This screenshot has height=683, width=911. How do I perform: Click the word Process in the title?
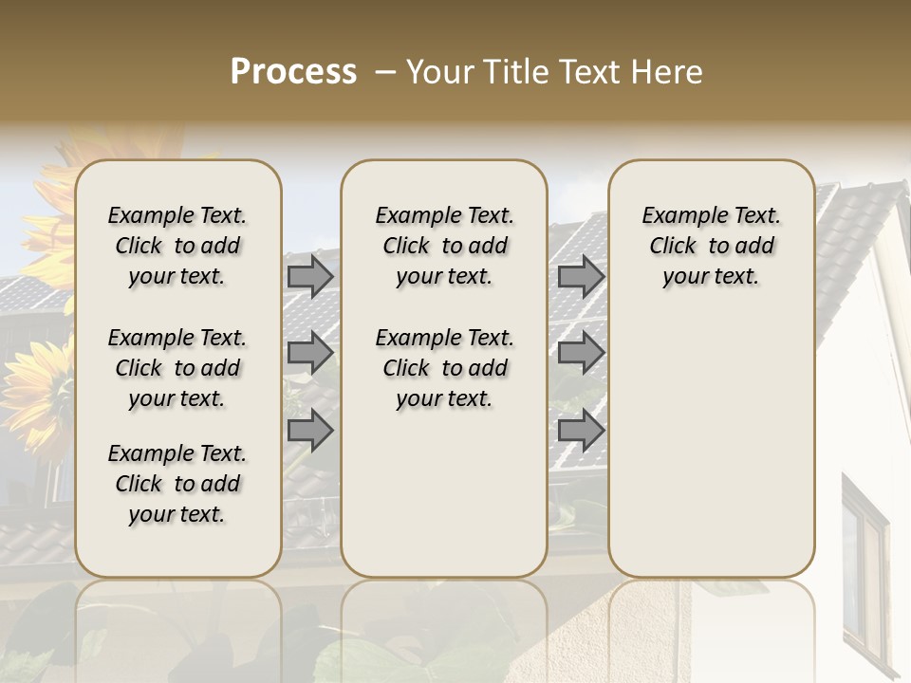293,72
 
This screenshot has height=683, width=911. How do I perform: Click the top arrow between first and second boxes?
310,276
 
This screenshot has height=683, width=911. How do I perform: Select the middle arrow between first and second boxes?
310,353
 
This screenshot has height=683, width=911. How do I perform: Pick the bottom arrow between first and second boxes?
310,431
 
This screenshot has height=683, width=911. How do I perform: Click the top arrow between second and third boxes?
581,276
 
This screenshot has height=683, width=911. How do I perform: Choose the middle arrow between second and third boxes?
581,353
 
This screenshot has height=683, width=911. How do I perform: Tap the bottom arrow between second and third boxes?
581,431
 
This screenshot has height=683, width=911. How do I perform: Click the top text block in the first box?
177,246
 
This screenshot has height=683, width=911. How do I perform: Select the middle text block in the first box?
177,368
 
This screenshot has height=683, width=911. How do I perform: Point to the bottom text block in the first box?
177,484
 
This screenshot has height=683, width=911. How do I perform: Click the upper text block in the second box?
444,246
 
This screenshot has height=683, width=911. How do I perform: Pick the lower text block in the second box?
444,368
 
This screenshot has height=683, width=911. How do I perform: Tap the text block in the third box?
712,246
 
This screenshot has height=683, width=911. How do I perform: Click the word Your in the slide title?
441,72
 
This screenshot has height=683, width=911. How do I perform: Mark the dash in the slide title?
385,72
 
